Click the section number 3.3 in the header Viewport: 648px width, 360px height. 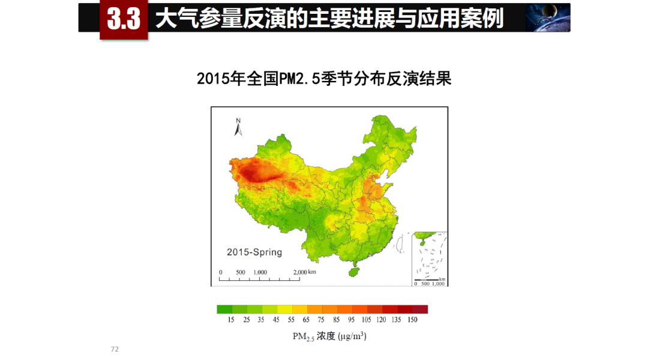tap(124, 20)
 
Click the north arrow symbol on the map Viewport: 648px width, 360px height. tap(238, 127)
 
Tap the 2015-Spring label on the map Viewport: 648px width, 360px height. tap(254, 252)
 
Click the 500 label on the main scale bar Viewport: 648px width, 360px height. tap(240, 272)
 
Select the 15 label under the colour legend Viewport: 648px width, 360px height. tap(230, 320)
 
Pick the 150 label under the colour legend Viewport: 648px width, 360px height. tap(413, 320)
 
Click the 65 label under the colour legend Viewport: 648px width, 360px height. tap(306, 320)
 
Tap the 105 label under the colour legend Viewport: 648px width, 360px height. tap(366, 320)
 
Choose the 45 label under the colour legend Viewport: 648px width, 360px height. tap(276, 320)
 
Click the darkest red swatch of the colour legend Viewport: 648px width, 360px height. tap(420, 310)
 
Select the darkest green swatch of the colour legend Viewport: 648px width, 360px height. tap(224, 310)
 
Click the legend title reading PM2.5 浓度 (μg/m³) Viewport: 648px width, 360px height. tap(329, 336)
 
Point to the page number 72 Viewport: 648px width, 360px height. tap(115, 349)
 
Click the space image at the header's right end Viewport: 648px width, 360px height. tap(548, 17)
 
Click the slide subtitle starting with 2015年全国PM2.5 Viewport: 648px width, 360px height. tap(324, 79)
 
